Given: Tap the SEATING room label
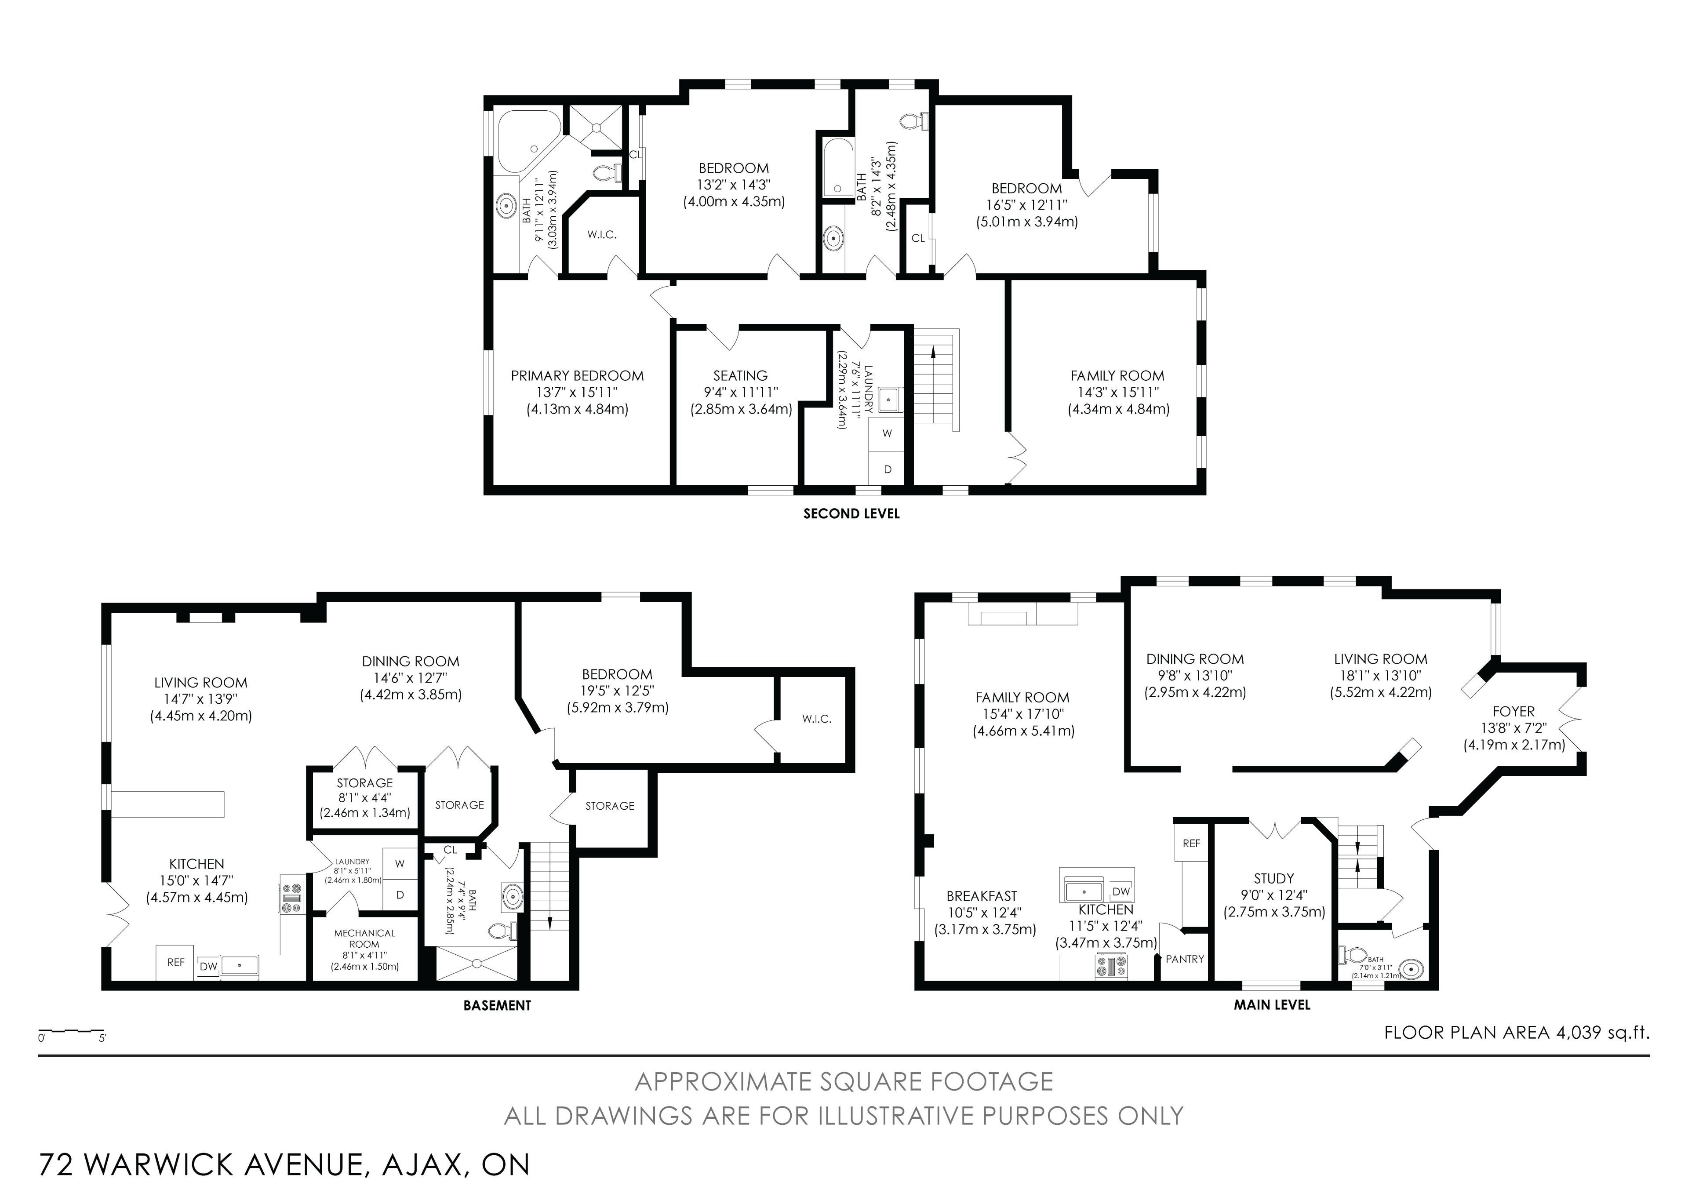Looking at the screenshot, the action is click(x=740, y=376).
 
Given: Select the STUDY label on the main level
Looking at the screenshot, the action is click(x=1274, y=878).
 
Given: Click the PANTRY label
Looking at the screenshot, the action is click(x=1185, y=959).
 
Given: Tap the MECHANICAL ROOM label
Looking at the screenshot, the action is click(x=365, y=938).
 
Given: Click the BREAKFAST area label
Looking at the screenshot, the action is click(x=982, y=896).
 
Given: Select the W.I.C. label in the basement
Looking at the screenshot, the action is click(x=817, y=719).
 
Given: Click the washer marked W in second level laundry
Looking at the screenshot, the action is click(x=888, y=433).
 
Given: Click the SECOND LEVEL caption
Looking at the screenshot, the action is click(x=851, y=514).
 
